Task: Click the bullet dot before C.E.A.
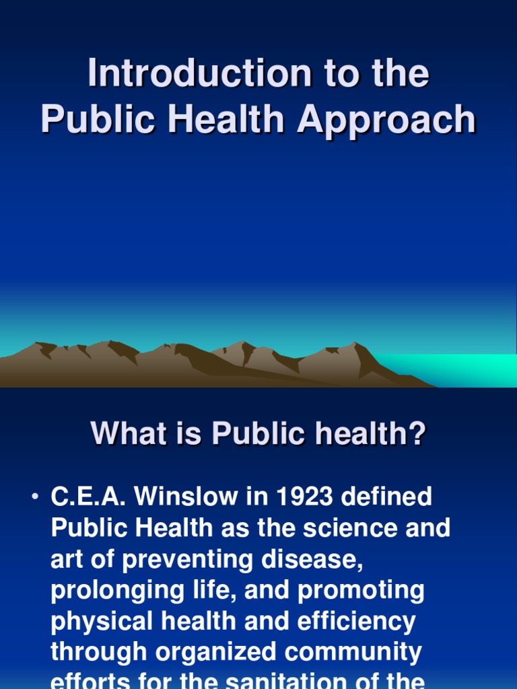coord(34,498)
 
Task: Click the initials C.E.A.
coord(88,498)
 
